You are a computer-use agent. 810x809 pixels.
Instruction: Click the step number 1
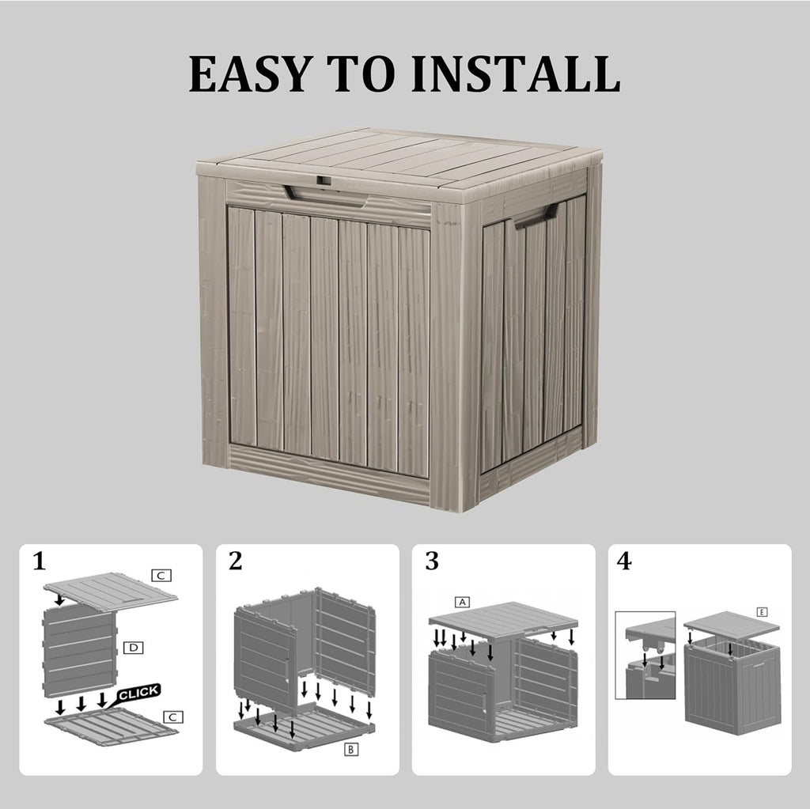click(40, 562)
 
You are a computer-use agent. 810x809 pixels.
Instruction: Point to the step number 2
click(235, 561)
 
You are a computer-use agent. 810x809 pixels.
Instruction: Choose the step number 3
click(431, 561)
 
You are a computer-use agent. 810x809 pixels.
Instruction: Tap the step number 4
click(625, 561)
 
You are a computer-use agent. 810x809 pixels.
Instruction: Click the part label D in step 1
click(134, 648)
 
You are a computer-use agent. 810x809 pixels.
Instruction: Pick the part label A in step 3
click(462, 602)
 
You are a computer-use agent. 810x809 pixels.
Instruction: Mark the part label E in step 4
click(762, 612)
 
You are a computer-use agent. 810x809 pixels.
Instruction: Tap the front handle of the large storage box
click(325, 192)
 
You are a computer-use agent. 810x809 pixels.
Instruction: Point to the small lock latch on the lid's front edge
click(323, 181)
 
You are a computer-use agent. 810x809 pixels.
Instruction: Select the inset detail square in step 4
click(645, 655)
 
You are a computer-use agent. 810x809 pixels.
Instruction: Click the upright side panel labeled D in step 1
click(78, 649)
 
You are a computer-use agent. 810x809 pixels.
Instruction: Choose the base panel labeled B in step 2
click(305, 728)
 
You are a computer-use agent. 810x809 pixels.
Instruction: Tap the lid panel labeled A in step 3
click(503, 619)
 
